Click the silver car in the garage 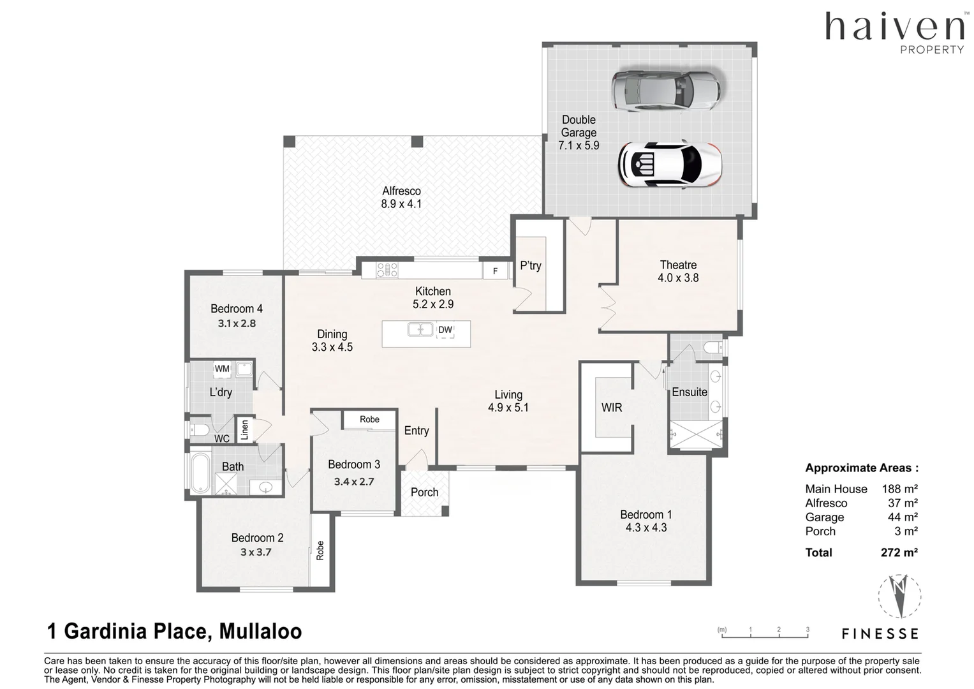point(666,91)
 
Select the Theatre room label point(678,265)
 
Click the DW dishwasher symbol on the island point(445,330)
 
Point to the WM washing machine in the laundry point(222,369)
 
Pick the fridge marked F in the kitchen point(495,271)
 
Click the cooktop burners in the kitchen point(387,270)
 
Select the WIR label point(611,408)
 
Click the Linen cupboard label point(244,429)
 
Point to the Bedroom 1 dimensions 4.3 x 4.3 point(646,528)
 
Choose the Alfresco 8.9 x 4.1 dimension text point(401,204)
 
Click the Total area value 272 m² point(899,552)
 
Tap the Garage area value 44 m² point(903,517)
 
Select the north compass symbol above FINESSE point(899,595)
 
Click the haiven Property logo point(894,33)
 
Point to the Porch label point(424,493)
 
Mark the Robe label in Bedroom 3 point(369,419)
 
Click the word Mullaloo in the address point(260,632)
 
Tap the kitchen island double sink point(420,329)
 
